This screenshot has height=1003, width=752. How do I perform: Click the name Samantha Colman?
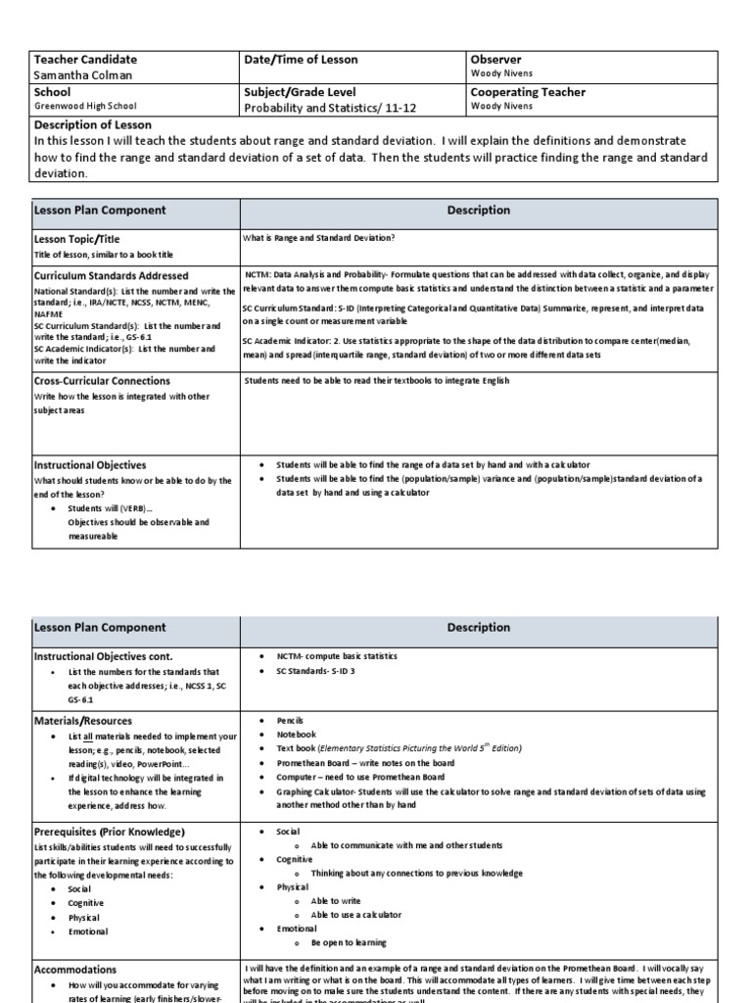click(84, 75)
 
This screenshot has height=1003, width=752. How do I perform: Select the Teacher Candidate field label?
click(85, 60)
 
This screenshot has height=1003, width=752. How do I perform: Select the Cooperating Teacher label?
click(528, 92)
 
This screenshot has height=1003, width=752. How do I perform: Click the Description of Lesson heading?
click(93, 124)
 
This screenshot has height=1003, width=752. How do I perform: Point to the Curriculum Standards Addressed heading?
click(111, 276)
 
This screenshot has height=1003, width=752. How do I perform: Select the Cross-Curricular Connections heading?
click(102, 380)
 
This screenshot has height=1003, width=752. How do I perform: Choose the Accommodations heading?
click(75, 969)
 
